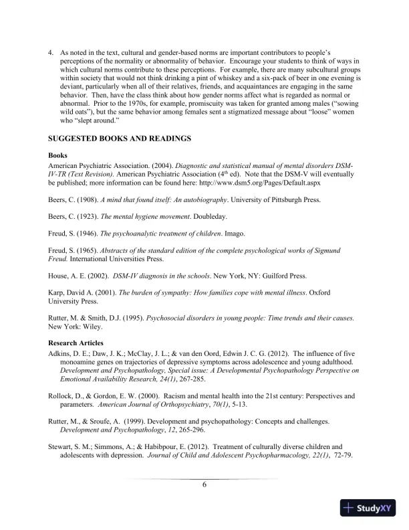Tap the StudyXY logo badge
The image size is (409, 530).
point(369,508)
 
